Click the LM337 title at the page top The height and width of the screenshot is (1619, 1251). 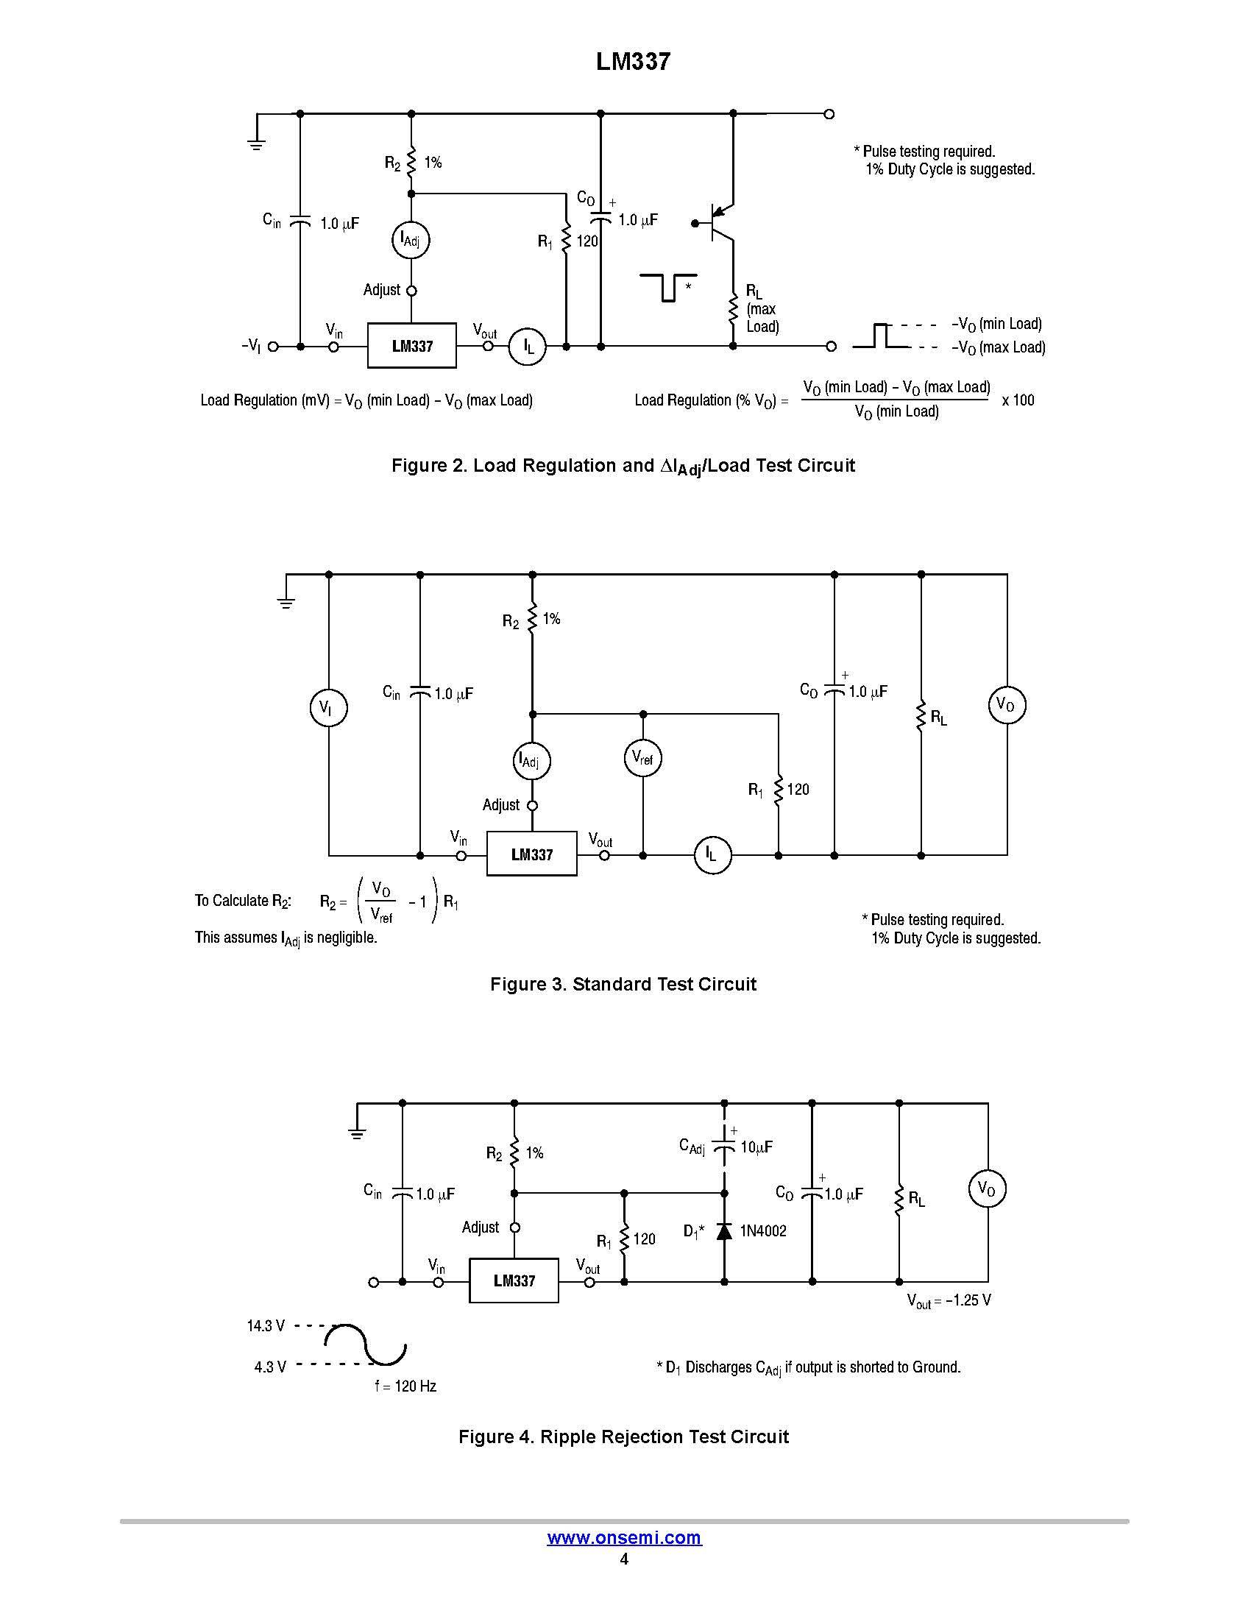coord(633,63)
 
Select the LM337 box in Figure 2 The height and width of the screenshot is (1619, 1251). coord(412,345)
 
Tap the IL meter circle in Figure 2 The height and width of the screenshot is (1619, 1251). coord(527,346)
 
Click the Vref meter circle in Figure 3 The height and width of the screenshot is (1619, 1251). coord(642,757)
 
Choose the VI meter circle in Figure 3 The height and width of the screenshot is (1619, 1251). coord(327,707)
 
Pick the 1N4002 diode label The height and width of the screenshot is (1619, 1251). coord(763,1231)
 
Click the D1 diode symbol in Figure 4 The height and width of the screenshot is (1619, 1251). coord(724,1231)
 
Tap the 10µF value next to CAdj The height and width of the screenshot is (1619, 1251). coord(756,1147)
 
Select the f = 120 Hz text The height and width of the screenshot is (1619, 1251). coord(405,1386)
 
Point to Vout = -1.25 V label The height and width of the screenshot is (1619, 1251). coord(949,1300)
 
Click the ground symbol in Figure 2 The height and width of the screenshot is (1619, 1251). coord(256,143)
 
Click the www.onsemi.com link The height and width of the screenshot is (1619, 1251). coord(624,1537)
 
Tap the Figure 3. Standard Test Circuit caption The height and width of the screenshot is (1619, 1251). coord(623,984)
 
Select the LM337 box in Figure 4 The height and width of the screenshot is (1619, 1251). coord(514,1280)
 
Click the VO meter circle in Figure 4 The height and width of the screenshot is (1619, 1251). coord(986,1188)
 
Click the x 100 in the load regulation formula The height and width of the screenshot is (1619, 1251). coord(1018,400)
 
